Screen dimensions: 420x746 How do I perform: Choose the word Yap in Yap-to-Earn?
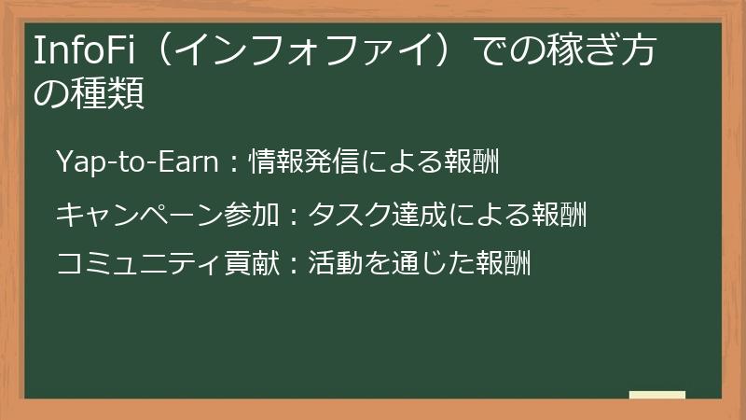tap(76, 162)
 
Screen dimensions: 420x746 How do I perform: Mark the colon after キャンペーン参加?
tap(293, 217)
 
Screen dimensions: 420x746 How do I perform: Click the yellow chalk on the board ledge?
tap(657, 395)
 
